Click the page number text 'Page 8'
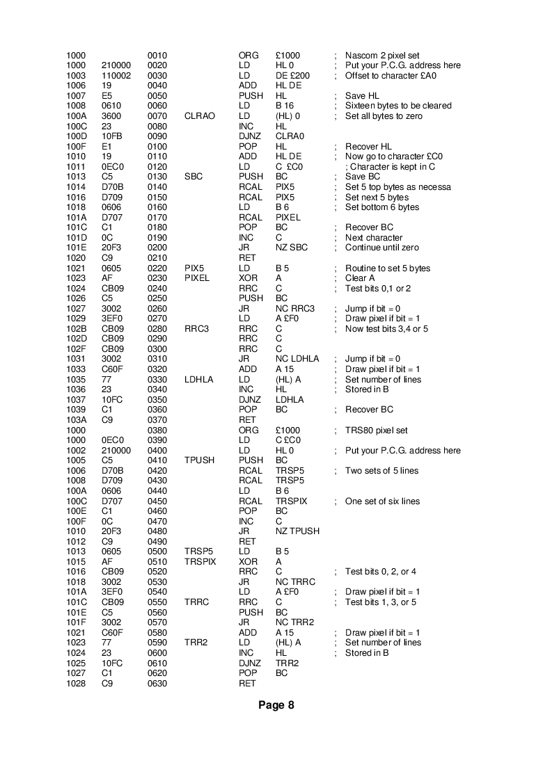click(x=276, y=705)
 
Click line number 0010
click(x=157, y=56)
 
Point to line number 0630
click(x=157, y=684)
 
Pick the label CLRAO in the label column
click(x=199, y=116)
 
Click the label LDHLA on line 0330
click(x=199, y=380)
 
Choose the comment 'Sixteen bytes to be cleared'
click(x=398, y=106)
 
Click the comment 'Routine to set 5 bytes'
click(x=388, y=268)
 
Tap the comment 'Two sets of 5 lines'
click(x=382, y=471)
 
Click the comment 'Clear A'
click(x=360, y=278)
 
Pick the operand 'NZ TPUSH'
click(x=297, y=531)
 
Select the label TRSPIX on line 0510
click(x=201, y=562)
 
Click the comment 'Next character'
click(x=374, y=238)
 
